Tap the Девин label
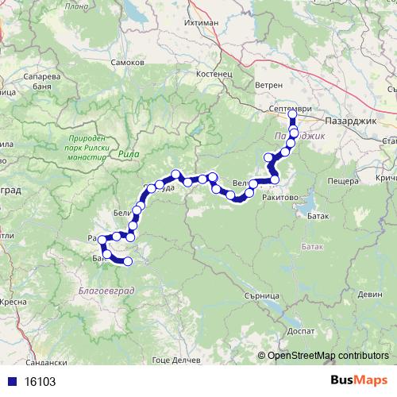(x=368, y=294)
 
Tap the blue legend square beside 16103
(x=10, y=381)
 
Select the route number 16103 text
(x=40, y=381)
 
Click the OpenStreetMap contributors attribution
(x=327, y=355)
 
